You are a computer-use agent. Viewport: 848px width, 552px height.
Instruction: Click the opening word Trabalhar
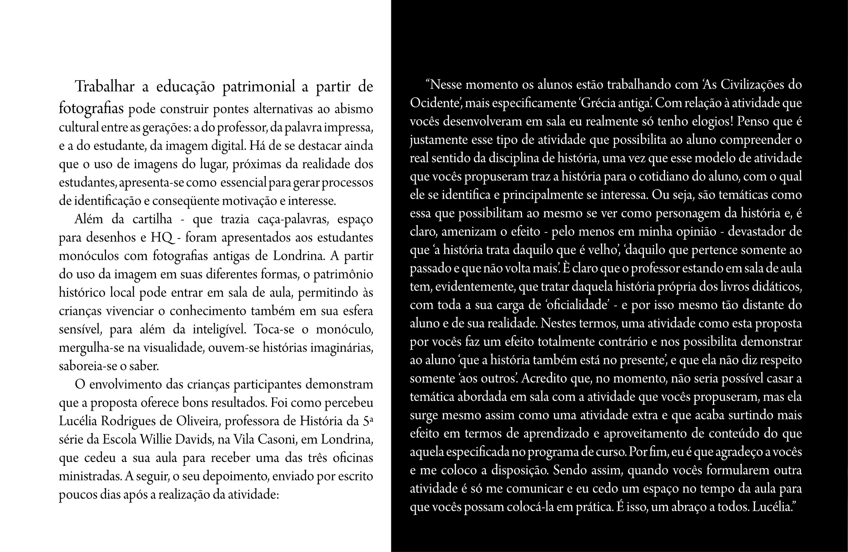[x=105, y=87]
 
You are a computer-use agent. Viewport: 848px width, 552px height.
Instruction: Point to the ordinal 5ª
[x=367, y=421]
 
